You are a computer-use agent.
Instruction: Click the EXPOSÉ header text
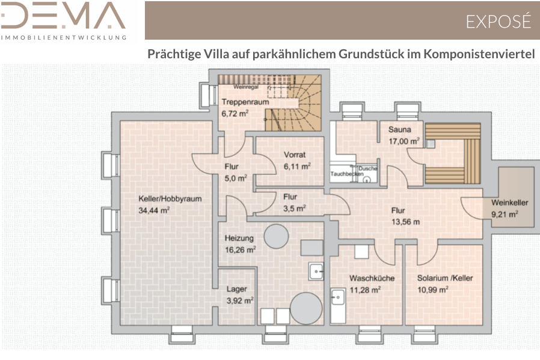coord(499,21)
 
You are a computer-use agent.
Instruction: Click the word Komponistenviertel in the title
coord(479,54)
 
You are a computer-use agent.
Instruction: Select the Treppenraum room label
coord(245,102)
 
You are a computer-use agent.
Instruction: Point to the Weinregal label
coord(246,87)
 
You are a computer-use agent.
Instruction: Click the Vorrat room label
coord(295,155)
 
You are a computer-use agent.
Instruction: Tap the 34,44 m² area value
coord(154,210)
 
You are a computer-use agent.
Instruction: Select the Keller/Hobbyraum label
coord(170,198)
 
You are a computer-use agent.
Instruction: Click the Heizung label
coord(239,238)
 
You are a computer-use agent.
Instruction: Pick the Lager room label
coord(236,289)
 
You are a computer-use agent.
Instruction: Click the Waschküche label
coord(372,278)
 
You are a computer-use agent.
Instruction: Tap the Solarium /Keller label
coord(445,278)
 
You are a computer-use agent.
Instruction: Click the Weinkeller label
coord(510,203)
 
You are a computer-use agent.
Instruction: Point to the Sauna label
coord(399,130)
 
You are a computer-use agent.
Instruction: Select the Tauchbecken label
coord(347,174)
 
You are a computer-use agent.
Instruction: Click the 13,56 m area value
coord(405,222)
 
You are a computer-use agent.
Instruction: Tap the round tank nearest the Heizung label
coord(276,236)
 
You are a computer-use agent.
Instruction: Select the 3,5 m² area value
coord(295,209)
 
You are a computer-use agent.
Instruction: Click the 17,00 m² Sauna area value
coord(404,141)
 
